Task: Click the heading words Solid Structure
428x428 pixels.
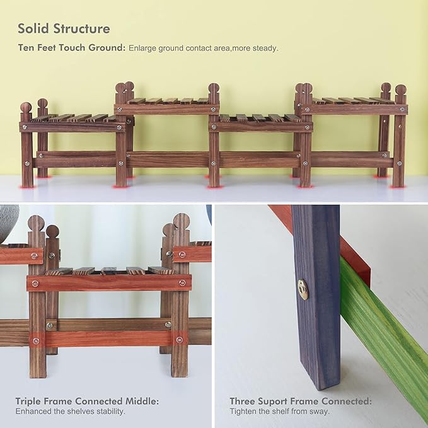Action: point(64,28)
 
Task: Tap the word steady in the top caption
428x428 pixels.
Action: point(265,49)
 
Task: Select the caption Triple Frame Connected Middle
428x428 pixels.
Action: point(87,402)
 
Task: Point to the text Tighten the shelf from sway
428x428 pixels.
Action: point(279,411)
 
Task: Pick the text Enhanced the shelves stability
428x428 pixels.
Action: point(70,412)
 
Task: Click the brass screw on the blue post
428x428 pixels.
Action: point(303,289)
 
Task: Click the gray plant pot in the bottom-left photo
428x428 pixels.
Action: point(8,223)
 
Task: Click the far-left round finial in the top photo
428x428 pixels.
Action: point(26,107)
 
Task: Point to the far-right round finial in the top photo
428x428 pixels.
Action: point(401,90)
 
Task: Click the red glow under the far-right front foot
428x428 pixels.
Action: point(398,187)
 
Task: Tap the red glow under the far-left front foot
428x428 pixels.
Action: point(27,187)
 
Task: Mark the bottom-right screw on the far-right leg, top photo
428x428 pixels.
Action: point(400,164)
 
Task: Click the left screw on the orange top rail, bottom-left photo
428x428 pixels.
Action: point(35,284)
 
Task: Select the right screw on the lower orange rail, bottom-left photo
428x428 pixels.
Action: point(179,340)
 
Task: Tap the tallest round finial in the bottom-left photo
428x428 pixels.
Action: point(182,221)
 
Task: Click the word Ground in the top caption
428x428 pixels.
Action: point(107,48)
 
